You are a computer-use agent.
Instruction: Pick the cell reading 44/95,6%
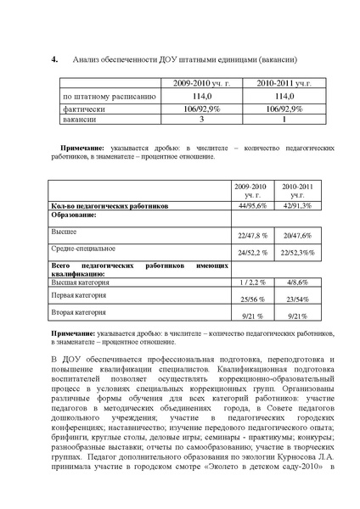(x=252, y=205)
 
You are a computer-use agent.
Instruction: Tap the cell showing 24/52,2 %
(x=252, y=253)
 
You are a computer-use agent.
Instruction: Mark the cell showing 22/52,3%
(x=298, y=253)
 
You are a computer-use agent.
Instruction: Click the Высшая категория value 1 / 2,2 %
(x=252, y=282)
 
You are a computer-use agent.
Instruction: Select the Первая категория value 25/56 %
(x=252, y=299)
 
